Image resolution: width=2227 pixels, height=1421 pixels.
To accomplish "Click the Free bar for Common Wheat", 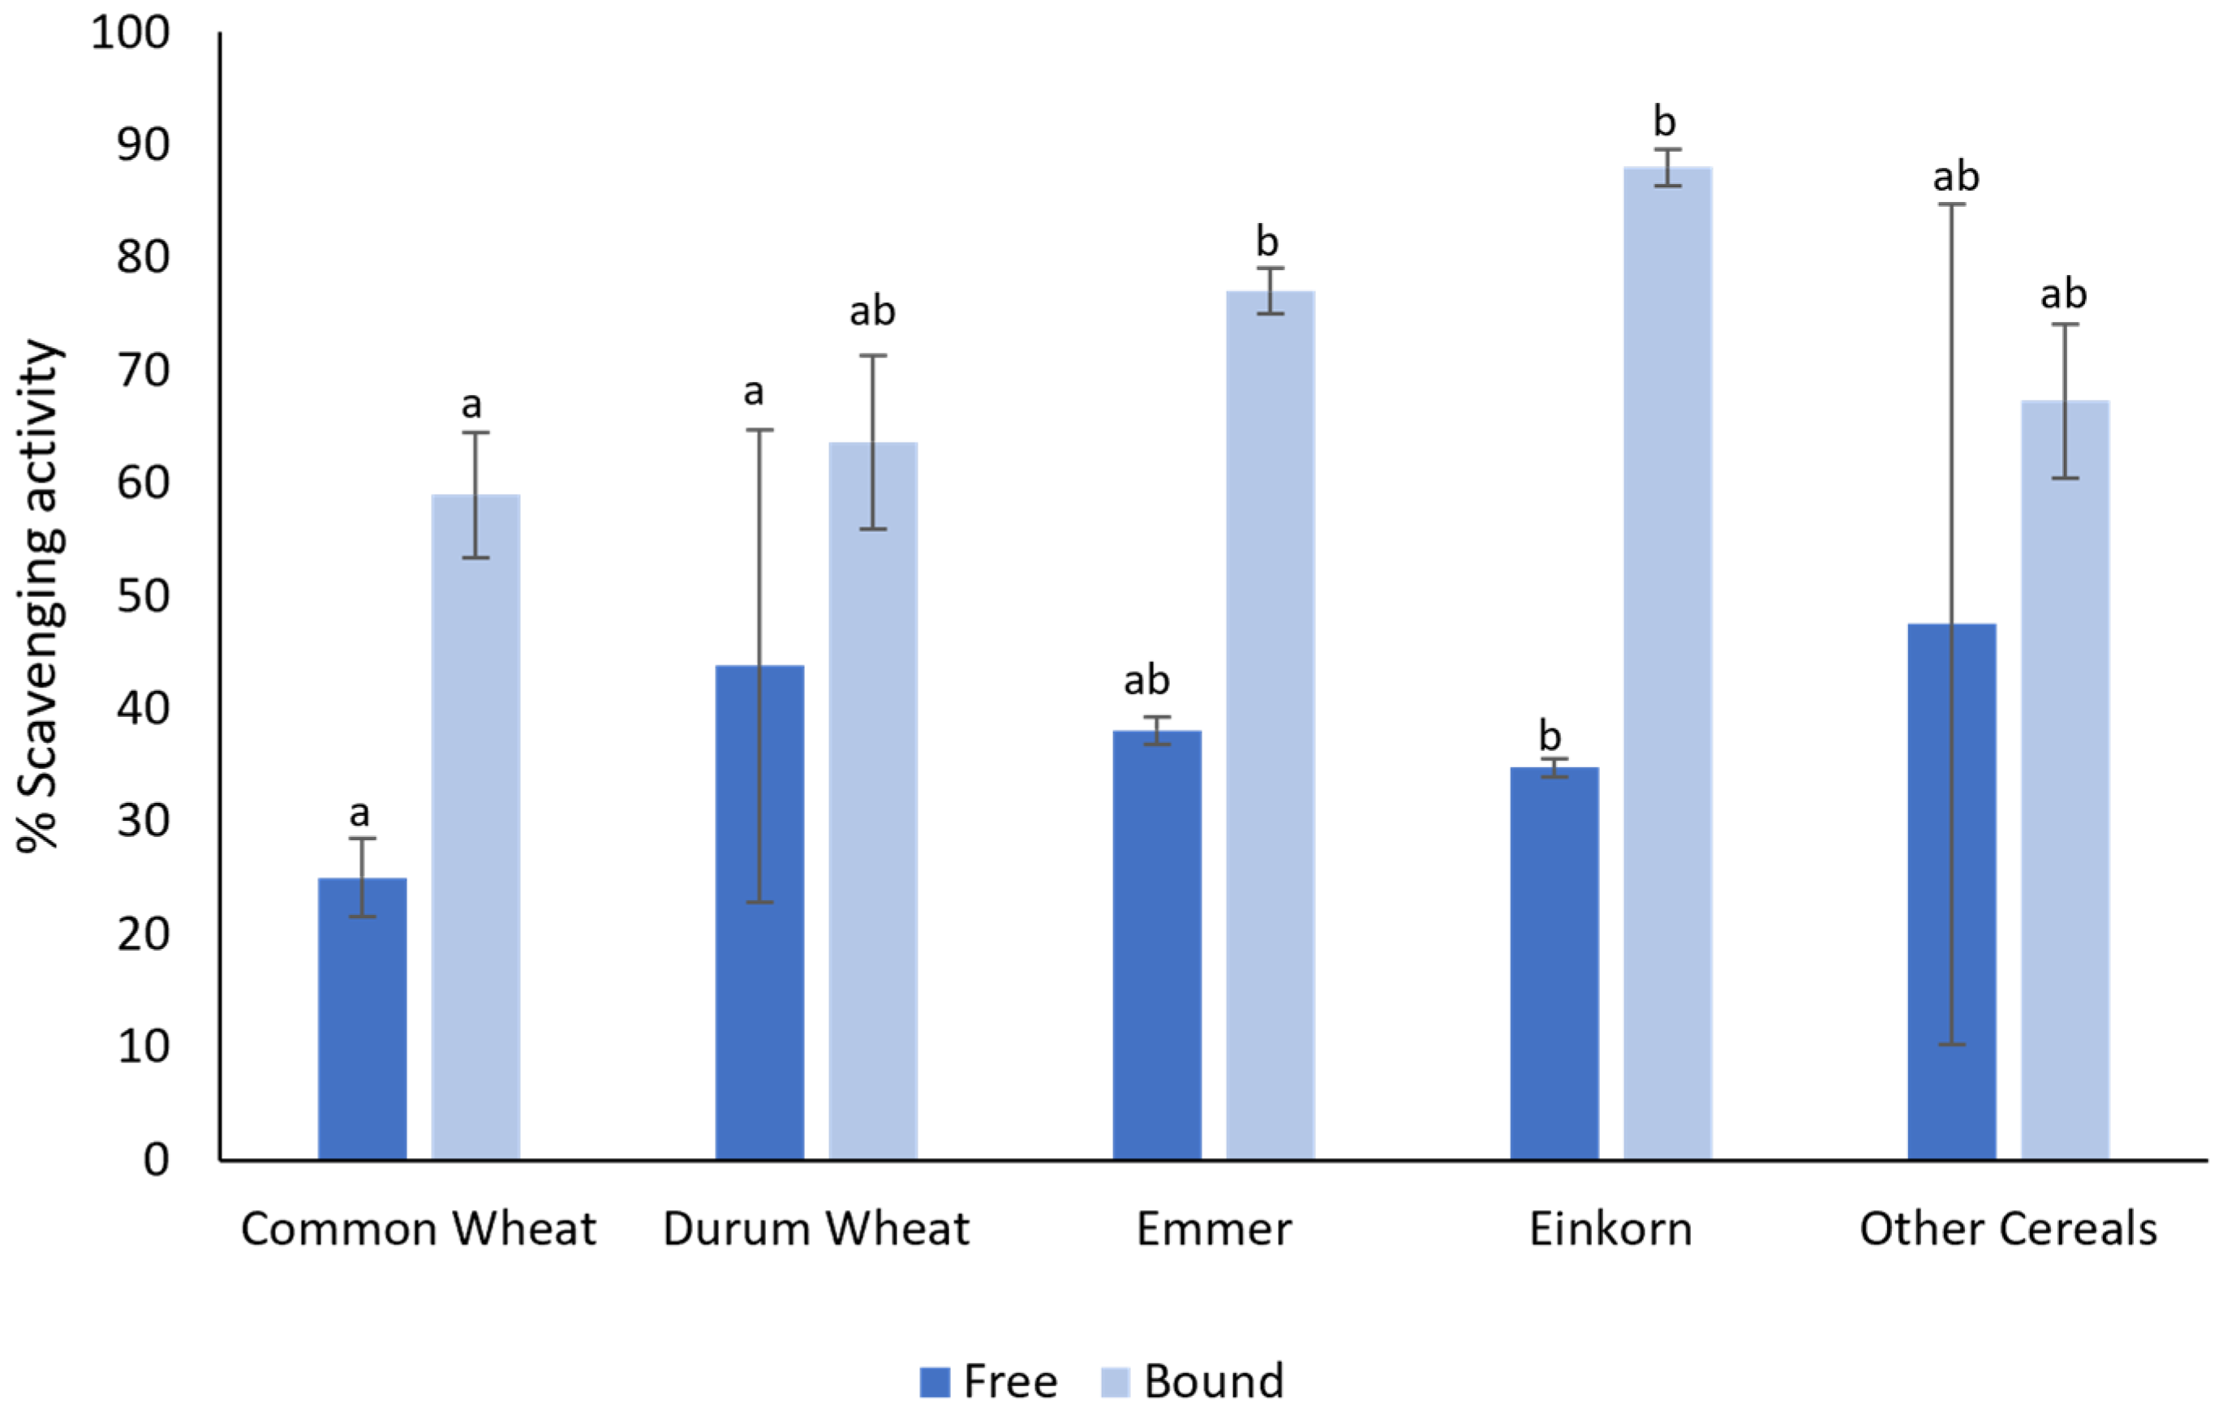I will pyautogui.click(x=362, y=1018).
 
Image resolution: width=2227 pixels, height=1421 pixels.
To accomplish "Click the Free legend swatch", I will pyautogui.click(x=935, y=1382).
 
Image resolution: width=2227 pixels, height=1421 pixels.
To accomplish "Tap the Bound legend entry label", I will pyautogui.click(x=1214, y=1381).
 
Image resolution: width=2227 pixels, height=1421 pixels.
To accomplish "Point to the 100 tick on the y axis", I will pyautogui.click(x=131, y=33).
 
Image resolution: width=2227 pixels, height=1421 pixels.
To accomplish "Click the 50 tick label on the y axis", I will pyautogui.click(x=144, y=596).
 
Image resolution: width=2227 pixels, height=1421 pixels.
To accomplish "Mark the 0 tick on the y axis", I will pyautogui.click(x=157, y=1159).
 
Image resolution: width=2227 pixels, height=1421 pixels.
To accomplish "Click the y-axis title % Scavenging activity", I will pyautogui.click(x=39, y=595).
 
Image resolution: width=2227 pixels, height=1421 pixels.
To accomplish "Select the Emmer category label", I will pyautogui.click(x=1214, y=1230).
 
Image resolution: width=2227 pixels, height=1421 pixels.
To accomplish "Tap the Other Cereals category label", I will pyautogui.click(x=2008, y=1230).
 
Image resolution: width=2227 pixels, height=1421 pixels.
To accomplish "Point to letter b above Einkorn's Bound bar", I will pyautogui.click(x=1664, y=121).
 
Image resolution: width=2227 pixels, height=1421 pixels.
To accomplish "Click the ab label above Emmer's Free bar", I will pyautogui.click(x=1147, y=680).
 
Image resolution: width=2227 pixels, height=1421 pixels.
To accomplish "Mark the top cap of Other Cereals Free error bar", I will pyautogui.click(x=1951, y=204).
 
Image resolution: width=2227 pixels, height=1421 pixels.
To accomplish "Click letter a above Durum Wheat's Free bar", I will pyautogui.click(x=754, y=392).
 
